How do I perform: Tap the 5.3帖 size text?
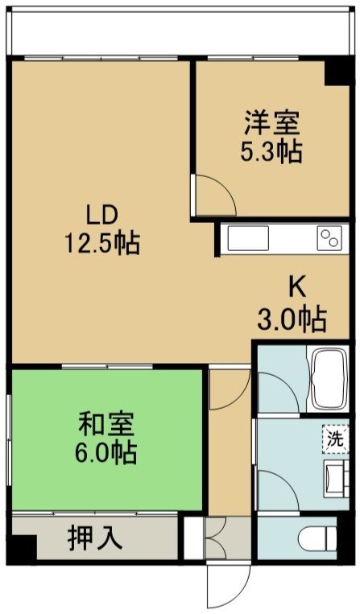pos(271,151)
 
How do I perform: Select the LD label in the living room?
pos(101,216)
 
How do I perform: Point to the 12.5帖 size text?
pos(101,243)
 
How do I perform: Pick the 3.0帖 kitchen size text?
pos(292,319)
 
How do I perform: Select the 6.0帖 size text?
pos(106,452)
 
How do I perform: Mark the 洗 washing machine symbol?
pos(335,439)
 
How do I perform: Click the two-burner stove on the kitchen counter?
pos(329,238)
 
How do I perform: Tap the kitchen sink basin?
pos(248,238)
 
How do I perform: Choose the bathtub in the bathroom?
pos(329,379)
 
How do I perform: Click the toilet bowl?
pos(317,538)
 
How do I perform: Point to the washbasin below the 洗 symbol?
pos(336,479)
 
